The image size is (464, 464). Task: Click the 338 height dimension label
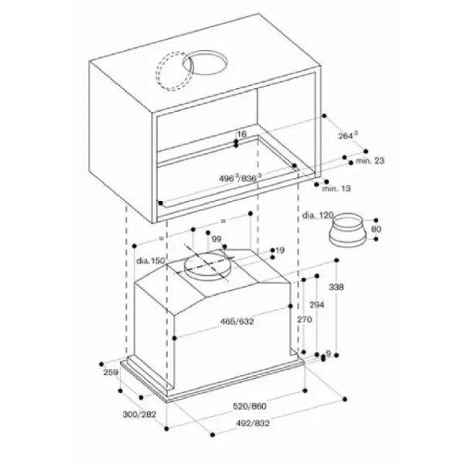[x=336, y=287]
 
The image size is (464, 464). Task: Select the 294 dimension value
[x=316, y=305]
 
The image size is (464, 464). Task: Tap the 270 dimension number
[x=305, y=319]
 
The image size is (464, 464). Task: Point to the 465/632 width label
[x=237, y=321]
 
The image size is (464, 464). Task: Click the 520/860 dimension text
[x=250, y=406]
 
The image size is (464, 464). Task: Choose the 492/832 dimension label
[x=253, y=424]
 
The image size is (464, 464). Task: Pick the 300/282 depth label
[x=139, y=415]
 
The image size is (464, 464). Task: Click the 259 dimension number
[x=111, y=372]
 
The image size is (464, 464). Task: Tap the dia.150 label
[x=150, y=261]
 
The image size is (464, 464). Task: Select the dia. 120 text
[x=318, y=215]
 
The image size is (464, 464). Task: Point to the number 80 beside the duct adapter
[x=376, y=229]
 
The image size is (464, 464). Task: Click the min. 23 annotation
[x=370, y=161]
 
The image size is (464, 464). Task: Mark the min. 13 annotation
[x=336, y=188]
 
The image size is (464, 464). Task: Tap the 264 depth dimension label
[x=348, y=135]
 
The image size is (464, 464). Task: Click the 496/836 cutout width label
[x=241, y=178]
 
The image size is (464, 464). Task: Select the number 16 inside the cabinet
[x=241, y=134]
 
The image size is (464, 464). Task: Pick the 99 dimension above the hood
[x=217, y=239]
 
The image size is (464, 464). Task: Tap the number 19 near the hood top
[x=280, y=251]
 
